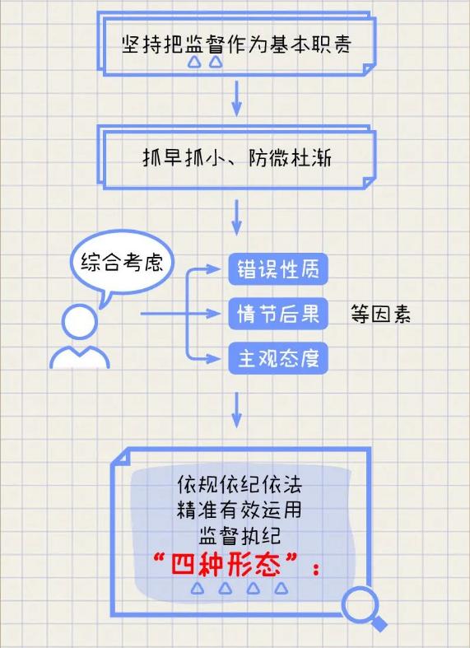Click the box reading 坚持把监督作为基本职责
237,44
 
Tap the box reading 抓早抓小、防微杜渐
237,157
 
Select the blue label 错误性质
278,269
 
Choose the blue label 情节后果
278,314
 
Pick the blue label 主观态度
278,358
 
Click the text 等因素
380,314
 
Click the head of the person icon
79,321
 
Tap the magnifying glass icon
364,608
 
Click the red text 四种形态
226,565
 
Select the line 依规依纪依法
240,484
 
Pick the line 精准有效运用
240,510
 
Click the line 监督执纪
240,536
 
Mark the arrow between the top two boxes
236,99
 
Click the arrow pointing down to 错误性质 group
236,217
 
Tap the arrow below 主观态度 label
236,410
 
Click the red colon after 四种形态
316,569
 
